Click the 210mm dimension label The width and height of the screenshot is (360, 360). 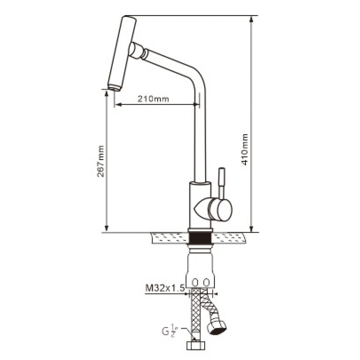153,99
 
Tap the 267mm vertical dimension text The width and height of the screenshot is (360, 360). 100,161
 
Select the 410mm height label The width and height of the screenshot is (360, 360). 245,149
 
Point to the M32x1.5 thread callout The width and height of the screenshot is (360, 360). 165,288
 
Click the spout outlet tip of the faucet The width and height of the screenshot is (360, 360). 114,88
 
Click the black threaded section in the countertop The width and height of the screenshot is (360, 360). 199,238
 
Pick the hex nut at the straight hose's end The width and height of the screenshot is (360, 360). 195,345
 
